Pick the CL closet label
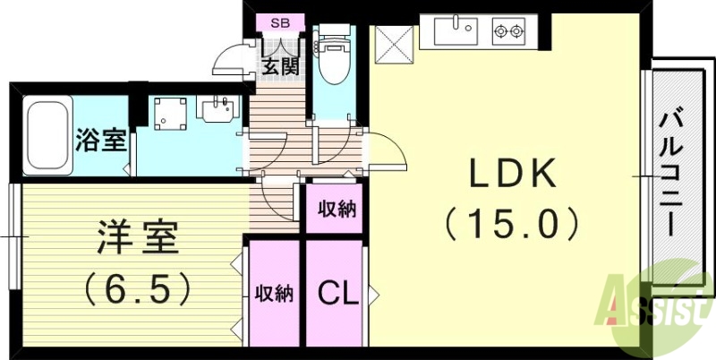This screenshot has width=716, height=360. click(x=334, y=292)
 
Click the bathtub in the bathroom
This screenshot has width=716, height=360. click(x=48, y=138)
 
